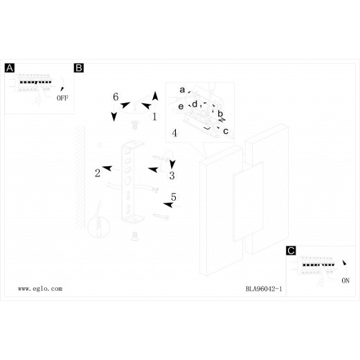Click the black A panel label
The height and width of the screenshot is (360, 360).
coord(10,68)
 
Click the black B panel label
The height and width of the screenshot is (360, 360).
coord(79,68)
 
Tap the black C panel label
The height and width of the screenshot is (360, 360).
coord(291,251)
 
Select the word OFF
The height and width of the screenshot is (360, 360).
coord(62,98)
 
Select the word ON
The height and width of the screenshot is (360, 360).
coord(345,280)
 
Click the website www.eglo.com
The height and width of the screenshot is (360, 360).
coord(40,289)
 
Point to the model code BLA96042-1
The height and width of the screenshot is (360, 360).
coord(264,289)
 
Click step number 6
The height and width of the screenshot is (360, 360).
coord(116,97)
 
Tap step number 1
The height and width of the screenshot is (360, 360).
coord(154,116)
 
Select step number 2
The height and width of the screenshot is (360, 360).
coord(98,173)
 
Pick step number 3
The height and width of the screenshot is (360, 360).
coord(172,176)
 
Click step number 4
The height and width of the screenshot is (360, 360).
coord(174,133)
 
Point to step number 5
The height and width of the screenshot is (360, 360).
coord(174,197)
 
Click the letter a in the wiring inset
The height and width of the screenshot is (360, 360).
coord(182,89)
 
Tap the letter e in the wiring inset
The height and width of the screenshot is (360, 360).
coord(181,107)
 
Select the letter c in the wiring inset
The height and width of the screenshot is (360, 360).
coord(226,131)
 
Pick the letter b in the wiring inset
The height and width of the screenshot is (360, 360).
coord(220,114)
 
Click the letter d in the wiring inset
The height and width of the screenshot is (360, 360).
coord(195,104)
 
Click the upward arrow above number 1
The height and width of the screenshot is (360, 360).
coord(155,96)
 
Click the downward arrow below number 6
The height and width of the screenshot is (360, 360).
coord(114,117)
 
